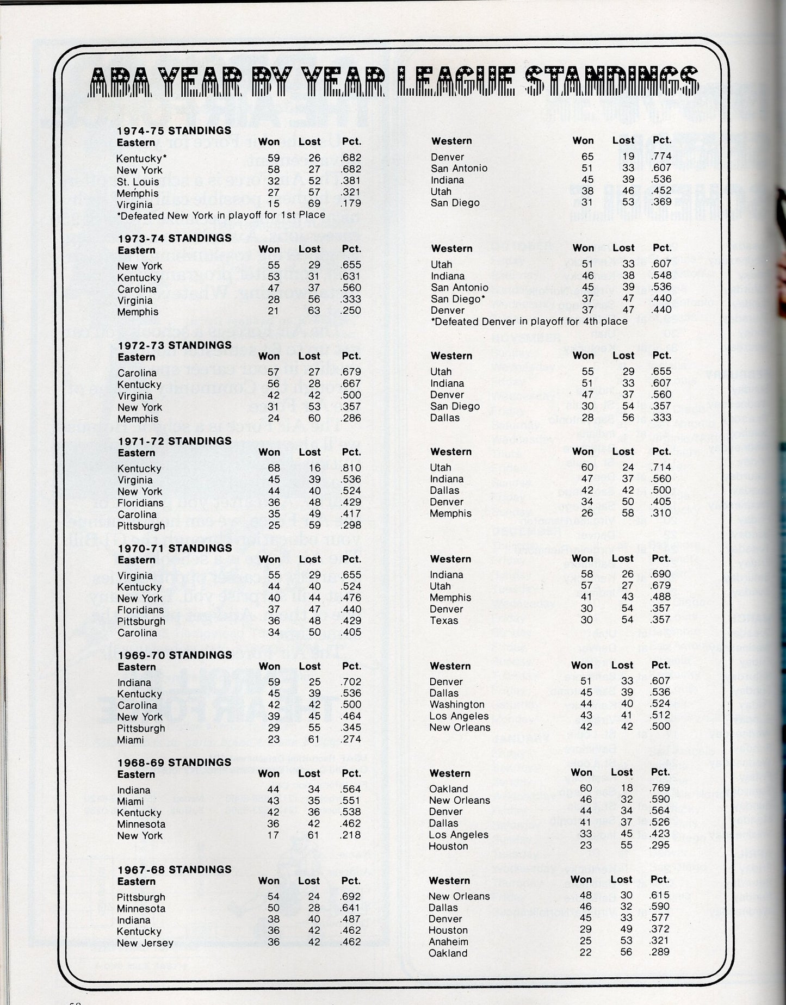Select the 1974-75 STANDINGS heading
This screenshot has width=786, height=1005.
174,131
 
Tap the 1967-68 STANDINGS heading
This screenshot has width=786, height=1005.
174,869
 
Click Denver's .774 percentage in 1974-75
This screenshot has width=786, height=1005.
661,157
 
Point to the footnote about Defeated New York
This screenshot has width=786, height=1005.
221,215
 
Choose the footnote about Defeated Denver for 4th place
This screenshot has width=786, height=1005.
529,321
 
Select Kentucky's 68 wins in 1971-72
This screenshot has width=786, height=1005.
274,468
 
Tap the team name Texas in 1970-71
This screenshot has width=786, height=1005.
444,621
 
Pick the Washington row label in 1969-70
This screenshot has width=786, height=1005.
456,705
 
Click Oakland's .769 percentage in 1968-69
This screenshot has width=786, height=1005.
660,789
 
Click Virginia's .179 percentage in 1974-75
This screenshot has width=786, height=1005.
351,204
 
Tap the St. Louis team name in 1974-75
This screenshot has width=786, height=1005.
138,182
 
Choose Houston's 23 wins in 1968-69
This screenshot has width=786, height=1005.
585,846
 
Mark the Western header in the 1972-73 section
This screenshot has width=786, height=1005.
451,356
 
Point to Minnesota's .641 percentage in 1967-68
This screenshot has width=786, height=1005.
351,908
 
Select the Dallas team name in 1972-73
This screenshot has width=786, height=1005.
445,418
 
